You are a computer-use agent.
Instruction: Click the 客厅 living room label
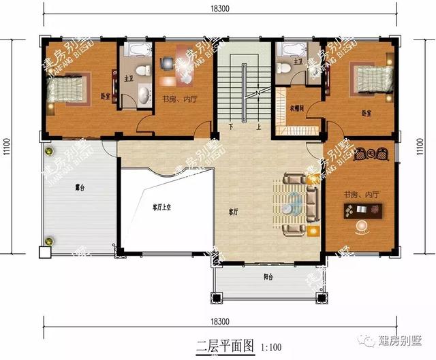coord(233,212)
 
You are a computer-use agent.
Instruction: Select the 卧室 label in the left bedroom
coord(105,97)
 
